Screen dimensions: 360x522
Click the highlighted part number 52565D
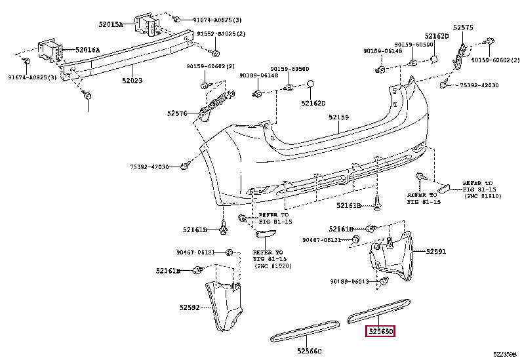[x=380, y=331]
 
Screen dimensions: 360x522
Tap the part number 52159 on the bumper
[x=338, y=118]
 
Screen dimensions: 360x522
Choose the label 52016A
[x=88, y=50]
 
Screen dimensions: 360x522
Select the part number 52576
[x=177, y=113]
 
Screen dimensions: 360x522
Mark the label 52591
[x=435, y=251]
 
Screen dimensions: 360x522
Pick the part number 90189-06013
[x=349, y=282]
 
